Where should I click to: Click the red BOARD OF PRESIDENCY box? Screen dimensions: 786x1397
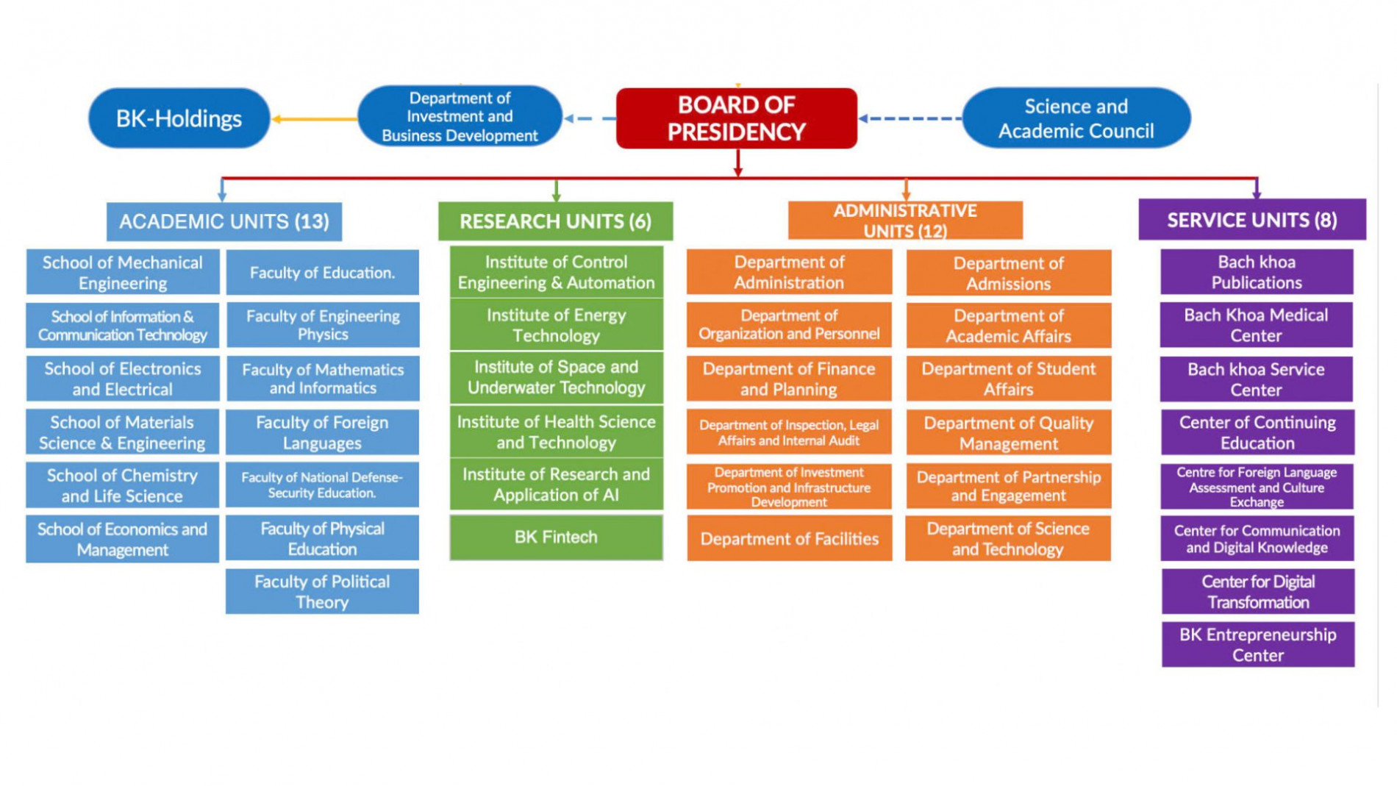[736, 118]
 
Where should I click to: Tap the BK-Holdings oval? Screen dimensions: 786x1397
[179, 118]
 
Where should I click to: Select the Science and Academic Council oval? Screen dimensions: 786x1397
[1076, 118]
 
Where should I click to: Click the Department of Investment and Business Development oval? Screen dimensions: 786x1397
[460, 117]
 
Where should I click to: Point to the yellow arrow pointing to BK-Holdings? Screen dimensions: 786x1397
[315, 118]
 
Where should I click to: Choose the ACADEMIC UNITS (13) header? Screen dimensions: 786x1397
[224, 221]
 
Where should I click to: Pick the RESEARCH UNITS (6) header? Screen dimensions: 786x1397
[555, 221]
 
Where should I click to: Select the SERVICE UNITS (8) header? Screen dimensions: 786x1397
[1251, 220]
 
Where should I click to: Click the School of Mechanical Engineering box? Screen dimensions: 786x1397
[123, 273]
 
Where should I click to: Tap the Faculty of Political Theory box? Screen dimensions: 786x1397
[322, 592]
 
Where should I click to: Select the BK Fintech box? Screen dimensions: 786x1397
[556, 537]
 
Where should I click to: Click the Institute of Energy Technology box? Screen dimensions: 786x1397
[556, 325]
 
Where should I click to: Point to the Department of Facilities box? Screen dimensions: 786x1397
[789, 539]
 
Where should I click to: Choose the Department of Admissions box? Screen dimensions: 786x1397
[1008, 274]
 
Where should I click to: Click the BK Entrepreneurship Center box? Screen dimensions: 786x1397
[1257, 645]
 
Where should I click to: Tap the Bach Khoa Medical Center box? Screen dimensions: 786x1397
[1256, 325]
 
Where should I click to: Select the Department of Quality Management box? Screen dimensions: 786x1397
[1008, 433]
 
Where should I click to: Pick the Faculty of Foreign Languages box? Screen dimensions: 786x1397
[322, 433]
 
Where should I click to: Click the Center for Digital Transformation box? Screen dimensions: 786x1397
[1257, 592]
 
